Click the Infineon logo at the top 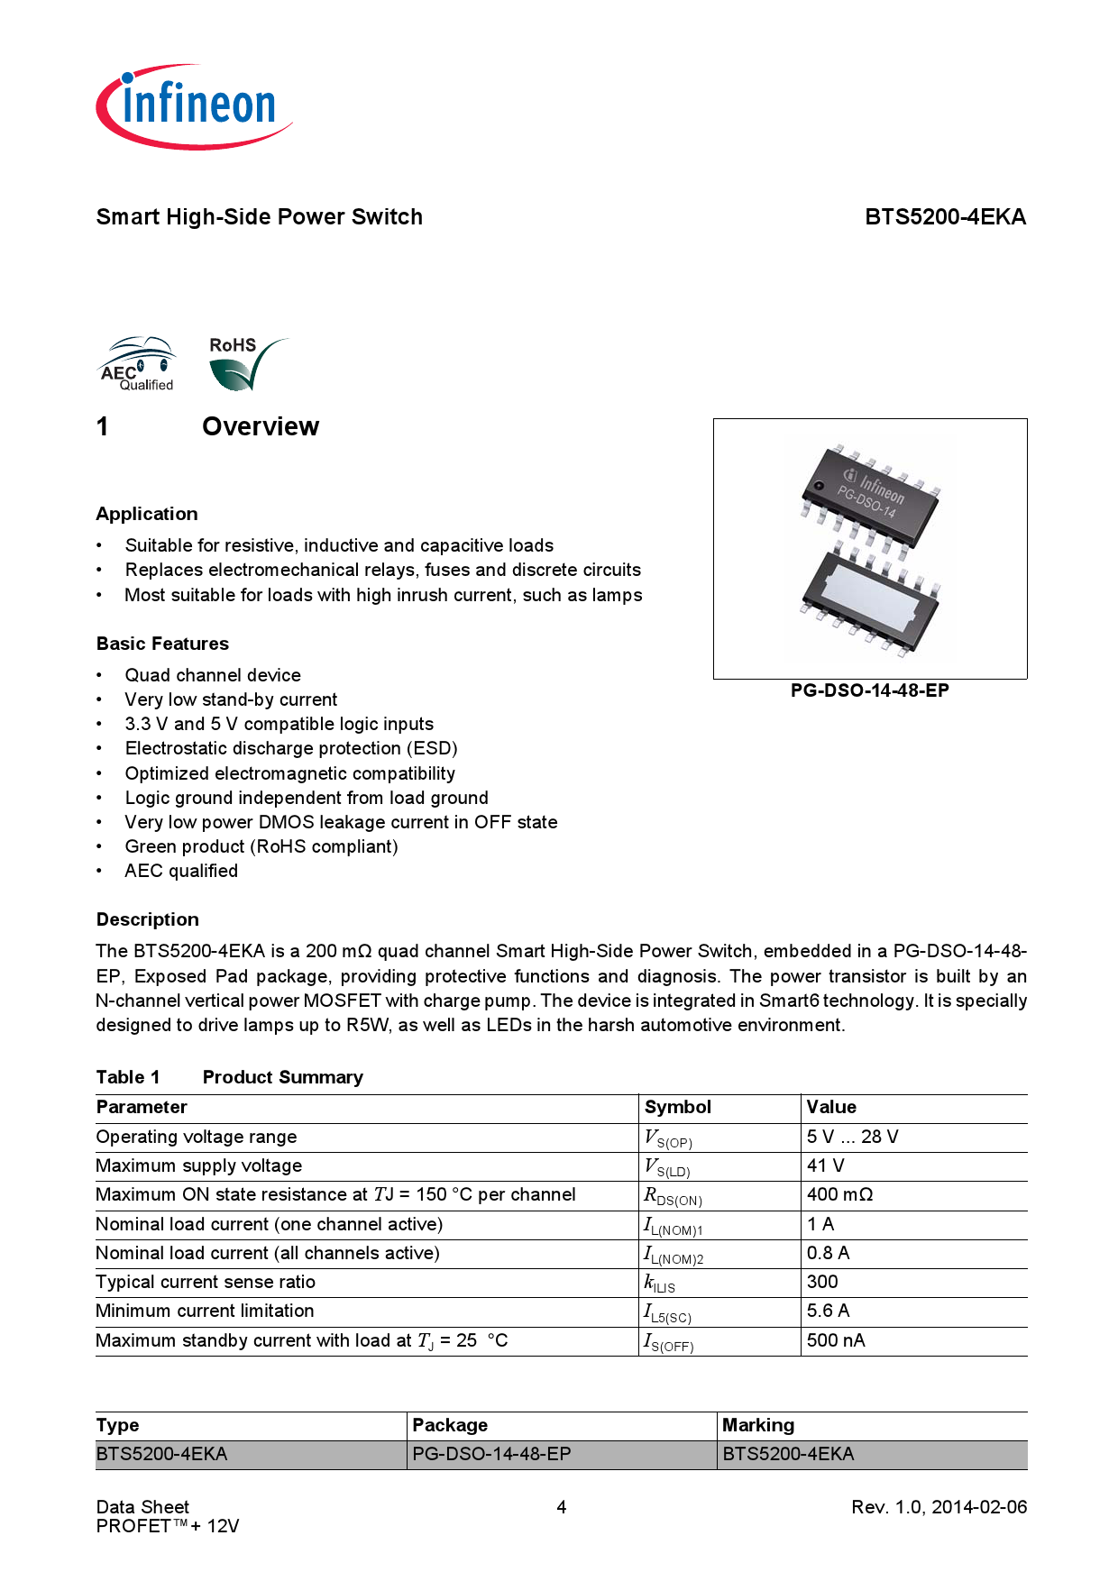(x=194, y=106)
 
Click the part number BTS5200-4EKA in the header (x=945, y=217)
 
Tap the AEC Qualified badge (x=137, y=365)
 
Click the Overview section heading (x=260, y=426)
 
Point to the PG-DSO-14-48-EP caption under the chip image (x=869, y=690)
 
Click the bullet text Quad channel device (x=213, y=675)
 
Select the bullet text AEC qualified (x=181, y=871)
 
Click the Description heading (x=148, y=919)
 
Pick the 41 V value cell (x=825, y=1165)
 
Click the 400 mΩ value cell (x=839, y=1194)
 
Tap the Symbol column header (x=678, y=1107)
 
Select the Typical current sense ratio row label (x=206, y=1282)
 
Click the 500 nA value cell (x=836, y=1340)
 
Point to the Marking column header (x=758, y=1425)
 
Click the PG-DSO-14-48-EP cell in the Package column (x=491, y=1454)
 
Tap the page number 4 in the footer (x=561, y=1507)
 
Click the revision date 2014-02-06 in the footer (x=979, y=1507)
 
